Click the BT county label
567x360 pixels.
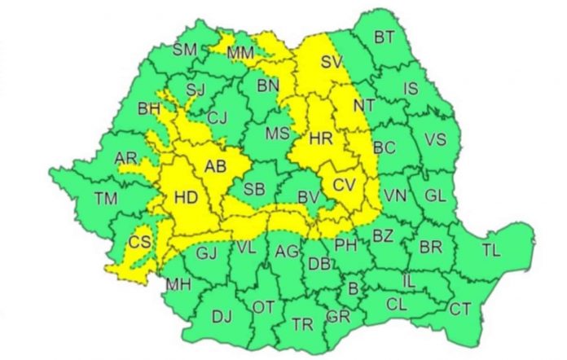tap(384, 37)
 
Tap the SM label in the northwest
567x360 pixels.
tap(186, 50)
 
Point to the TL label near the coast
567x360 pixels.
tap(491, 249)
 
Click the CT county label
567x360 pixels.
tap(460, 309)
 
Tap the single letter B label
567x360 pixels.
tap(353, 288)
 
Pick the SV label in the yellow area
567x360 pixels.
tap(330, 61)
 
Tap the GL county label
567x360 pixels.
tap(436, 195)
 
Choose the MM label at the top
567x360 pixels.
tap(240, 53)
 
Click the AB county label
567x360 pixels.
tap(215, 167)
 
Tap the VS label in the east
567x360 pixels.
tap(436, 139)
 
